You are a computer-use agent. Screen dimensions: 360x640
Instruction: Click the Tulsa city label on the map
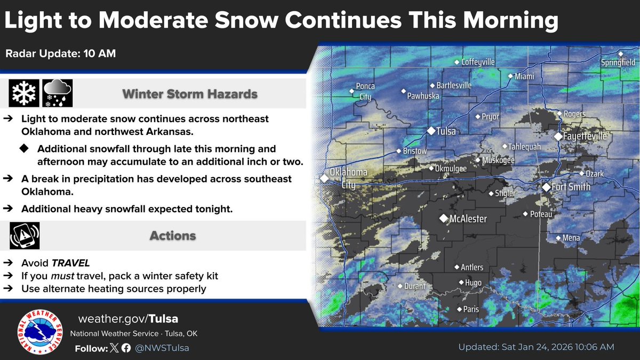[446, 131]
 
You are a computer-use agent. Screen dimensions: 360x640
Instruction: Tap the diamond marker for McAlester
[443, 218]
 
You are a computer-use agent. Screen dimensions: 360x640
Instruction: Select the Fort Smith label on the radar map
[571, 187]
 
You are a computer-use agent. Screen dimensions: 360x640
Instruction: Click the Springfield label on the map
[618, 62]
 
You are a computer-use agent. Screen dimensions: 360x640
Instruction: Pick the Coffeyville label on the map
[478, 62]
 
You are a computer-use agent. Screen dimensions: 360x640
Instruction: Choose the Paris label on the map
[471, 309]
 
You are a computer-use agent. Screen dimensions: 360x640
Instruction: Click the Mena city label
[572, 238]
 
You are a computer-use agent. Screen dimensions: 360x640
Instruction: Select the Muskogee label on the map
[498, 160]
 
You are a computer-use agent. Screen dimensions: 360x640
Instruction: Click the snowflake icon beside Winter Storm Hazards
[24, 93]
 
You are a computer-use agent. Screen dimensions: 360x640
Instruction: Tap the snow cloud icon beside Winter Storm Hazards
[57, 93]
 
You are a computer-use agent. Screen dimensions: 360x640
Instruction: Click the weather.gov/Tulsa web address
[128, 319]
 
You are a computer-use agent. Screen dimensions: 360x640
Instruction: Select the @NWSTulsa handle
[163, 348]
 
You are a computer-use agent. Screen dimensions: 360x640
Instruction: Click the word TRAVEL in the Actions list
[70, 263]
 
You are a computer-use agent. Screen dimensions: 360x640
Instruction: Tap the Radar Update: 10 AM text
[61, 53]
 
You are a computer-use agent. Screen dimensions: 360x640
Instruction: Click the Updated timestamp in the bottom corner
[536, 347]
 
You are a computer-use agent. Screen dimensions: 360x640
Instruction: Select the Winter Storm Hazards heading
[190, 94]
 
